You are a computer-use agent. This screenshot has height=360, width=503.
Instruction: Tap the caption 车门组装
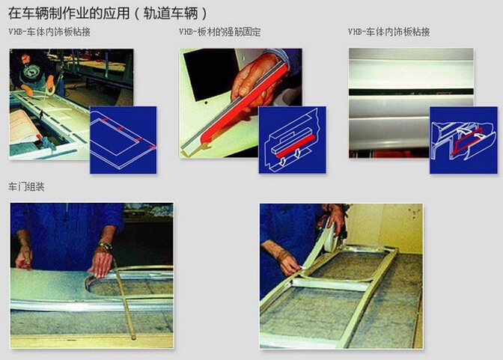point(26,186)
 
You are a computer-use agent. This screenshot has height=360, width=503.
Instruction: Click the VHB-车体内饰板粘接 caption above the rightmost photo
point(388,32)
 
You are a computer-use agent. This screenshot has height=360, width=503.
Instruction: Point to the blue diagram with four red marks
point(123,140)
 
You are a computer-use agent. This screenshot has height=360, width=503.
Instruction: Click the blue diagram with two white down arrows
point(291,140)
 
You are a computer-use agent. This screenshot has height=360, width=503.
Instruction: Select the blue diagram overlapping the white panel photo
point(463,140)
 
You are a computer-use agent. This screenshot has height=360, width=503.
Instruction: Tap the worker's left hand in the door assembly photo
point(24,257)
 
